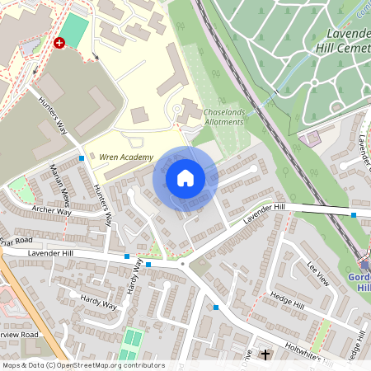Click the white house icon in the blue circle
point(185,178)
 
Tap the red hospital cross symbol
point(59,42)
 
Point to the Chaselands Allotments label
point(223,116)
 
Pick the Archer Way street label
point(50,212)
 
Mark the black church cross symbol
point(265,355)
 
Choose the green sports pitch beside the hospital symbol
point(73,31)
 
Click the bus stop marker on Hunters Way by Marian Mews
point(82,158)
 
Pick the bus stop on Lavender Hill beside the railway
point(354,214)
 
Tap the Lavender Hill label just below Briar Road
point(50,252)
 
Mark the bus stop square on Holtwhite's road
point(216,307)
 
